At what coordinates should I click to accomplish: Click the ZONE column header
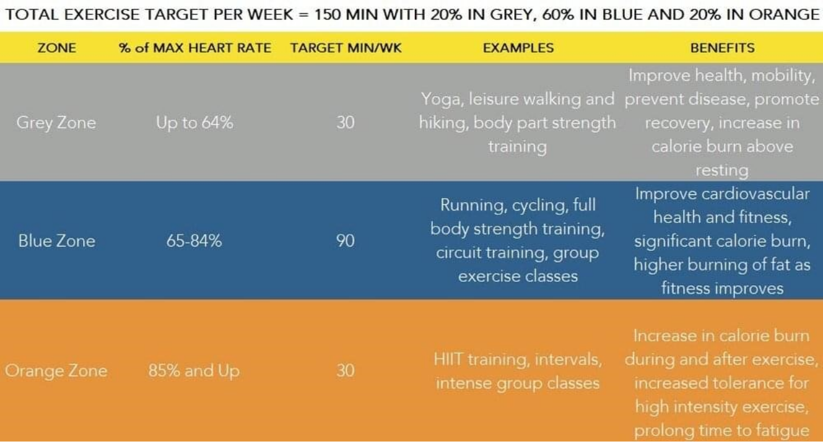click(x=57, y=47)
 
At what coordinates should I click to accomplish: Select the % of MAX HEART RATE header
click(x=195, y=47)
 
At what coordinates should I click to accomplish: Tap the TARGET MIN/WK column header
click(x=346, y=47)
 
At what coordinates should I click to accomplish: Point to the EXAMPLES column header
click(x=518, y=47)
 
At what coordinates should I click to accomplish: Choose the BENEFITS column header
click(x=722, y=47)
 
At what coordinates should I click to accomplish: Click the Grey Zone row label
click(x=56, y=122)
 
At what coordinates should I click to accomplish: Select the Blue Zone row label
click(x=57, y=241)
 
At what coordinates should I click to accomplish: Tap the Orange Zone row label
click(x=56, y=371)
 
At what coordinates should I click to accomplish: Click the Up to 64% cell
click(x=194, y=122)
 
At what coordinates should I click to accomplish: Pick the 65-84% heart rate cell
click(x=194, y=241)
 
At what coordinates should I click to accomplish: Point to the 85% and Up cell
click(x=194, y=371)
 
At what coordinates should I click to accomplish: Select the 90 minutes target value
click(x=346, y=241)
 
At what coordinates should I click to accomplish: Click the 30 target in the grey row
click(x=346, y=122)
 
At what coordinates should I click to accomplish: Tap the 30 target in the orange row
click(x=346, y=371)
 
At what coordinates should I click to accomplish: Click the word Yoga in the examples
click(x=442, y=100)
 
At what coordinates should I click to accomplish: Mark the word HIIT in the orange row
click(x=447, y=359)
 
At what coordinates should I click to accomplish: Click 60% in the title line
click(x=557, y=15)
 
